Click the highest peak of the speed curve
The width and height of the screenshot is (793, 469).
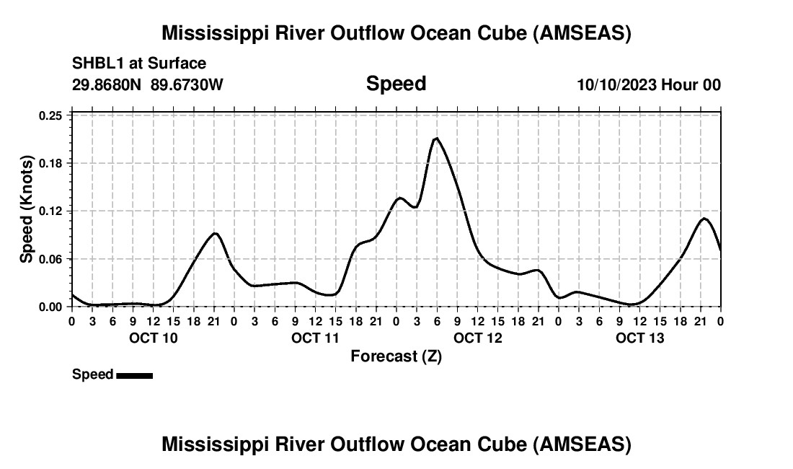[436, 138]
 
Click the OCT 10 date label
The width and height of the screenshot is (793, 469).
[154, 338]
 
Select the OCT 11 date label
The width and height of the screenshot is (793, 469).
[316, 338]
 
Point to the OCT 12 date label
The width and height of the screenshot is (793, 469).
[478, 338]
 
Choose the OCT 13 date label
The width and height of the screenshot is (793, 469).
[640, 338]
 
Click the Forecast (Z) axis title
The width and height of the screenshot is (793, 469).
[396, 356]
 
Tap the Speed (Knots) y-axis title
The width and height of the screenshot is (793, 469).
[27, 209]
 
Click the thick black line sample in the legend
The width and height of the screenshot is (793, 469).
[134, 375]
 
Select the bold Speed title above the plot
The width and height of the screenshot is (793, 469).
[396, 84]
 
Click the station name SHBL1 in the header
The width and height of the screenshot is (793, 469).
[97, 63]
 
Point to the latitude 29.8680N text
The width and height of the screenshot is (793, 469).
[107, 85]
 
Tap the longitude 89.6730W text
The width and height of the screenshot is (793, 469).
[187, 85]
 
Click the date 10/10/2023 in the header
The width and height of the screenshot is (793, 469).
[616, 85]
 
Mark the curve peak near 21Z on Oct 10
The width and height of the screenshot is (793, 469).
[214, 233]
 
